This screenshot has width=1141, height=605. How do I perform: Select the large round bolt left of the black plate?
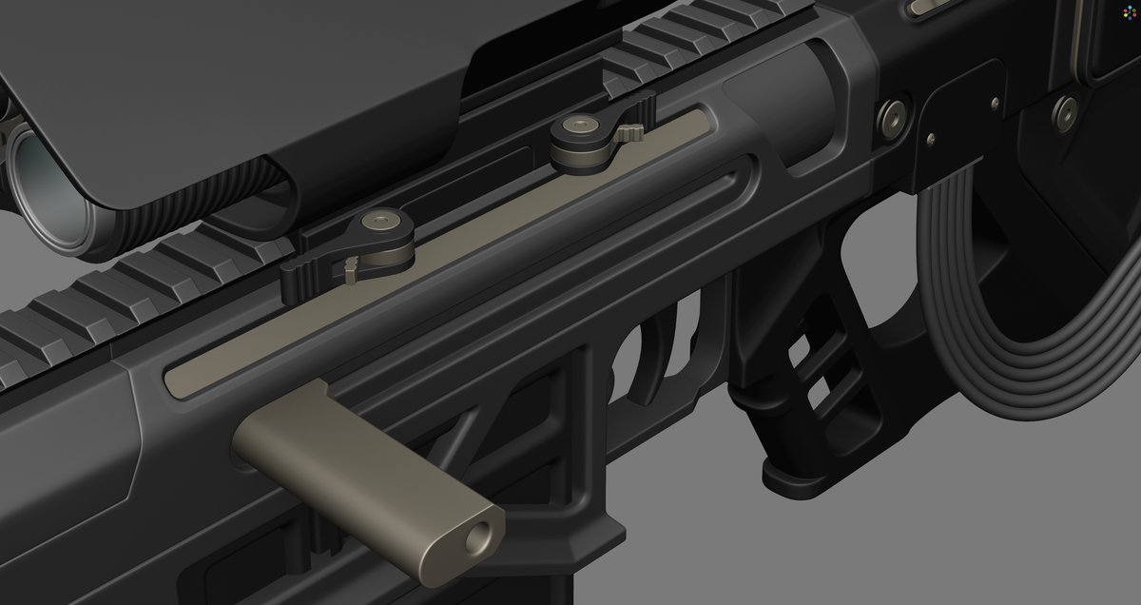[892, 115]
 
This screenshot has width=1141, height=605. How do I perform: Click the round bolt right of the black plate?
[1065, 112]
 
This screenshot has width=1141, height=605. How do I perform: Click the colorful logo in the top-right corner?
[1128, 12]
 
